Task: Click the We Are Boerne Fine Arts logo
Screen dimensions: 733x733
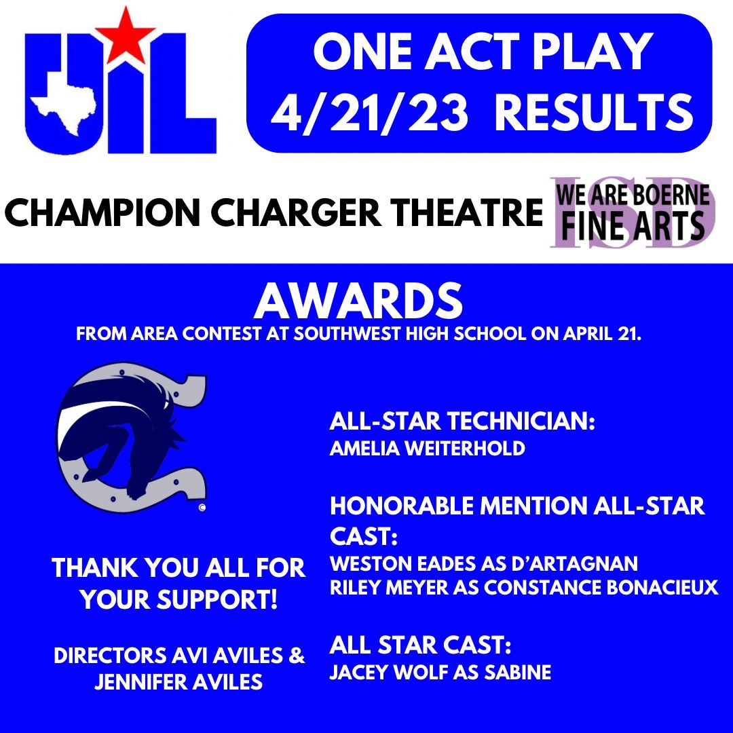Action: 632,214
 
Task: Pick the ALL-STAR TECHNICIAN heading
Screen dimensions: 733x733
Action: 462,422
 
